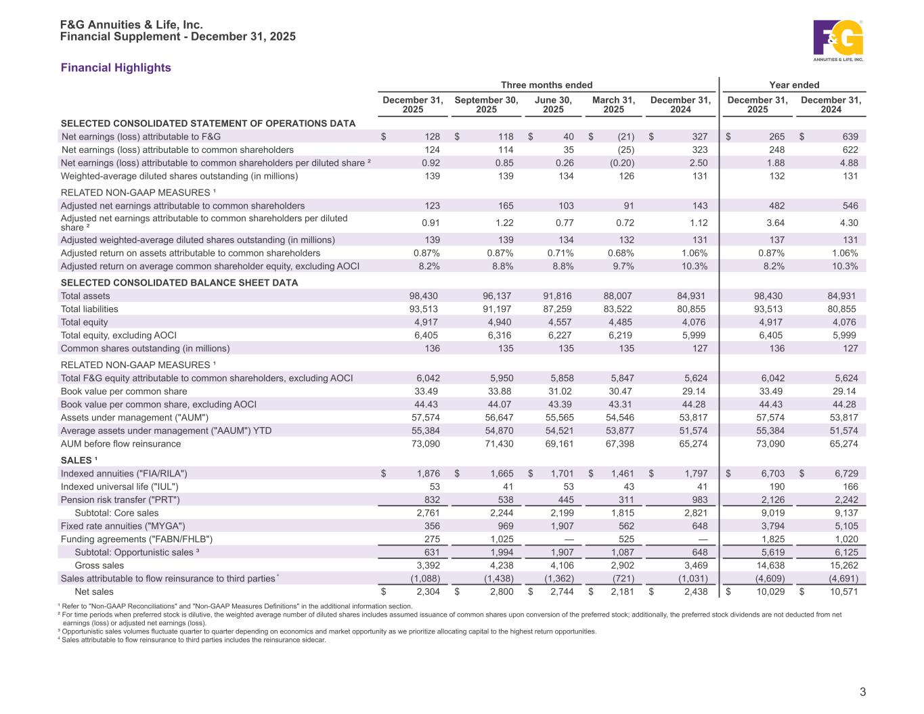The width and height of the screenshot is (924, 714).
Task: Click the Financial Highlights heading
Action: [116, 68]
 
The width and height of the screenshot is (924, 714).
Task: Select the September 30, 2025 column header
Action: [486, 105]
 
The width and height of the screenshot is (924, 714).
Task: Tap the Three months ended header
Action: [546, 85]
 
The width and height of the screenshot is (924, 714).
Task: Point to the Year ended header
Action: [794, 85]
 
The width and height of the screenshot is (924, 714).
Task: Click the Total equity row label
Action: [85, 322]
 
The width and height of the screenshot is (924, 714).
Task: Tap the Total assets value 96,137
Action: [498, 296]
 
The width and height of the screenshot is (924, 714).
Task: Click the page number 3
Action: [862, 692]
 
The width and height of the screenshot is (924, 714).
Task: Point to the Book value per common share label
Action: [124, 391]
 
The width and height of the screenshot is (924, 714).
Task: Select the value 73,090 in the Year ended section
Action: [768, 444]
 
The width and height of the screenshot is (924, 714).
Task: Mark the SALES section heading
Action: [79, 460]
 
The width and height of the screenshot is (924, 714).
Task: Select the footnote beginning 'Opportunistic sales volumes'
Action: [329, 631]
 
